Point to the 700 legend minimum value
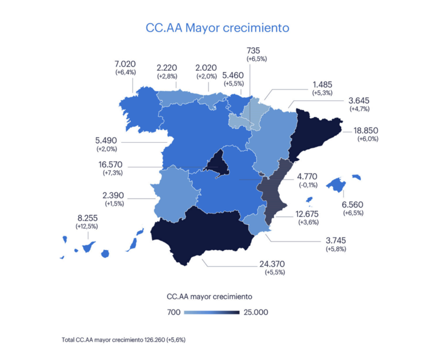(x=173, y=312)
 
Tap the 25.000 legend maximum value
(x=255, y=312)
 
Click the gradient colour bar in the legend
(x=211, y=312)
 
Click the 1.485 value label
(x=323, y=85)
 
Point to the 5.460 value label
(x=233, y=73)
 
